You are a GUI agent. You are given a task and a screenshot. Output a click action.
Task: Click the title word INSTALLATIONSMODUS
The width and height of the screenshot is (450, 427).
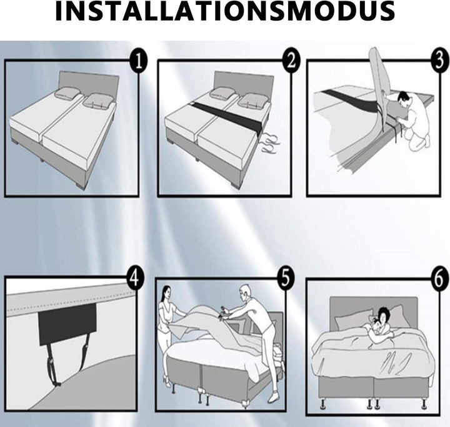[x=225, y=11]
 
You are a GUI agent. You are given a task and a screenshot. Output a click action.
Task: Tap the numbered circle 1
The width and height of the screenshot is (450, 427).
[x=139, y=62]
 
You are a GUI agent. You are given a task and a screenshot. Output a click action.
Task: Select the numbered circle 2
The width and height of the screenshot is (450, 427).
[x=291, y=61]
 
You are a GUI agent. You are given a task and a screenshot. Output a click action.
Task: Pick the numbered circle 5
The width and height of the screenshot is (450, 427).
[x=285, y=278]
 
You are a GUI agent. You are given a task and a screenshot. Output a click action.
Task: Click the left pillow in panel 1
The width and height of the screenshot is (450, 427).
[x=67, y=93]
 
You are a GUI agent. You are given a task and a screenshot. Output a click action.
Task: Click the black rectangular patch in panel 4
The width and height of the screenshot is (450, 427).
[x=67, y=324]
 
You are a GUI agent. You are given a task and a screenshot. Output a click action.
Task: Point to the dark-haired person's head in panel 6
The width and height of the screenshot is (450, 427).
[x=385, y=315]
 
